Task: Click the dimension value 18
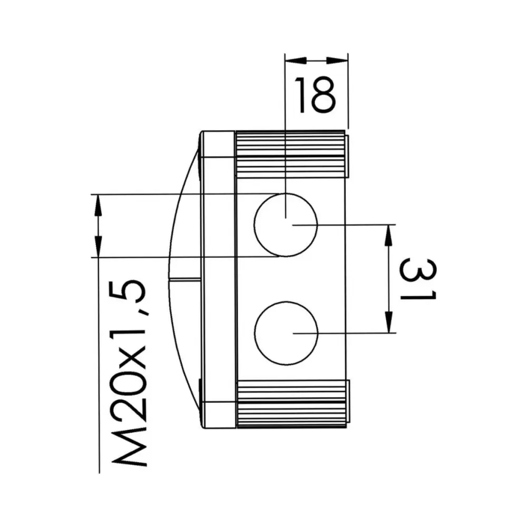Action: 315,95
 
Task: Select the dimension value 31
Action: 418,280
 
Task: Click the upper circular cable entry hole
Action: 286,225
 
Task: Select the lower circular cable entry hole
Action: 286,333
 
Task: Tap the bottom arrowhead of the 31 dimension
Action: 389,323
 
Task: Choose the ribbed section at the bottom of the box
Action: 291,403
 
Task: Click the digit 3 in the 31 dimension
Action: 418,268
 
